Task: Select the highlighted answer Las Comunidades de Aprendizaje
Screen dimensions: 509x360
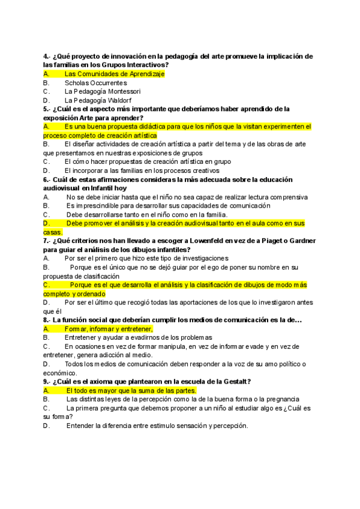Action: point(114,74)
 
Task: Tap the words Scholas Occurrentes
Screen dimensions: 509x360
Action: point(95,83)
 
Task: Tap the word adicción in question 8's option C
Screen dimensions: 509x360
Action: point(113,355)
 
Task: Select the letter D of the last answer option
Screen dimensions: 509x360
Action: point(46,426)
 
